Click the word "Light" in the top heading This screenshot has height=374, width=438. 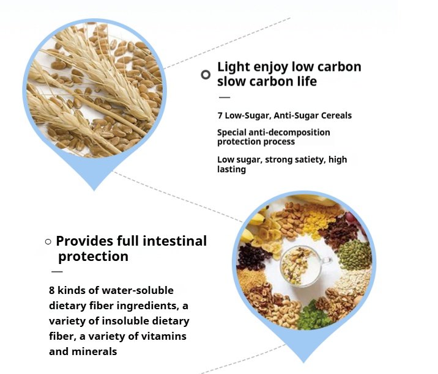tap(234, 68)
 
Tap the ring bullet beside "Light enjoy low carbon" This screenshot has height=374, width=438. tap(206, 75)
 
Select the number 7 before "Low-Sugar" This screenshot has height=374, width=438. tap(220, 116)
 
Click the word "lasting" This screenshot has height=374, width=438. tap(232, 169)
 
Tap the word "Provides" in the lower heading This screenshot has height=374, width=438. tap(84, 241)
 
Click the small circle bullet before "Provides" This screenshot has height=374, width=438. tap(48, 242)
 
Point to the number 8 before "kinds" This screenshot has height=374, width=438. tap(51, 290)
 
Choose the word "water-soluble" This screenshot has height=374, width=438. tap(138, 290)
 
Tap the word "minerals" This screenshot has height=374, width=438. tap(94, 351)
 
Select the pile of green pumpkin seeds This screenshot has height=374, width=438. tap(354, 254)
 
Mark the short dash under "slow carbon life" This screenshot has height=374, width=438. tap(225, 97)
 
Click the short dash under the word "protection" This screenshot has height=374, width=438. tap(57, 271)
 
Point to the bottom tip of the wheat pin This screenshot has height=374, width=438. tap(94, 191)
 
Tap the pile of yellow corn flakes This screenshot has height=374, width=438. tap(319, 221)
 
